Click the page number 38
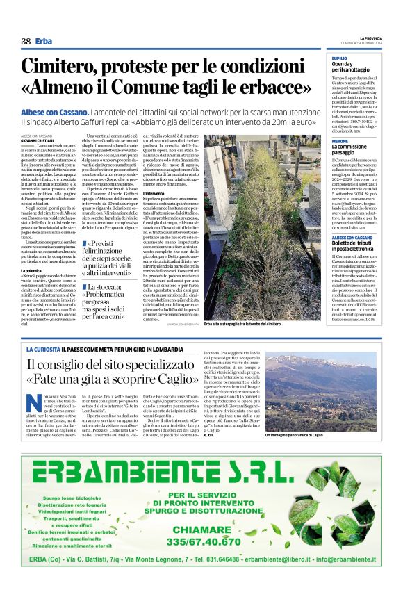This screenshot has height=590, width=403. (26, 41)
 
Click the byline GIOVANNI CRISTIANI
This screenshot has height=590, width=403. (38, 140)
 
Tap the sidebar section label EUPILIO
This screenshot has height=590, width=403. (340, 58)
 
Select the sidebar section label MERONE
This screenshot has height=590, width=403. (340, 140)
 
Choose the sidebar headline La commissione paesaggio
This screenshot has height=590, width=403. (356, 150)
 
